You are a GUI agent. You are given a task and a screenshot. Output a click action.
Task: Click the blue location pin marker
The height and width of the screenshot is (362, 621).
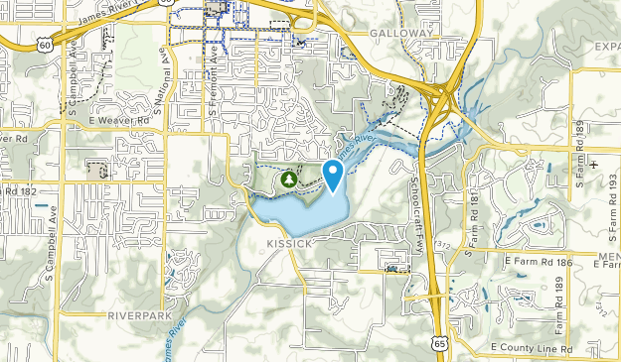(x=334, y=175)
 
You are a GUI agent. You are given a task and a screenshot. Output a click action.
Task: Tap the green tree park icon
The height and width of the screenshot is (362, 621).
(x=288, y=180)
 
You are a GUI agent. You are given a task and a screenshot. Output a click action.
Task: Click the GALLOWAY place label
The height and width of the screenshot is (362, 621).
(x=402, y=33)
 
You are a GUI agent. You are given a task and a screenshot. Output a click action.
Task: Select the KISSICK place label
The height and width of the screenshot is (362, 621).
(x=289, y=242)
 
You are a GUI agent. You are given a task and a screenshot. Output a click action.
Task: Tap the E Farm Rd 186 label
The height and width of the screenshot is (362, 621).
(x=540, y=260)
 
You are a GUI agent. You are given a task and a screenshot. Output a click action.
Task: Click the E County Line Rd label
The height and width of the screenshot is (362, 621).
(x=533, y=348)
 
